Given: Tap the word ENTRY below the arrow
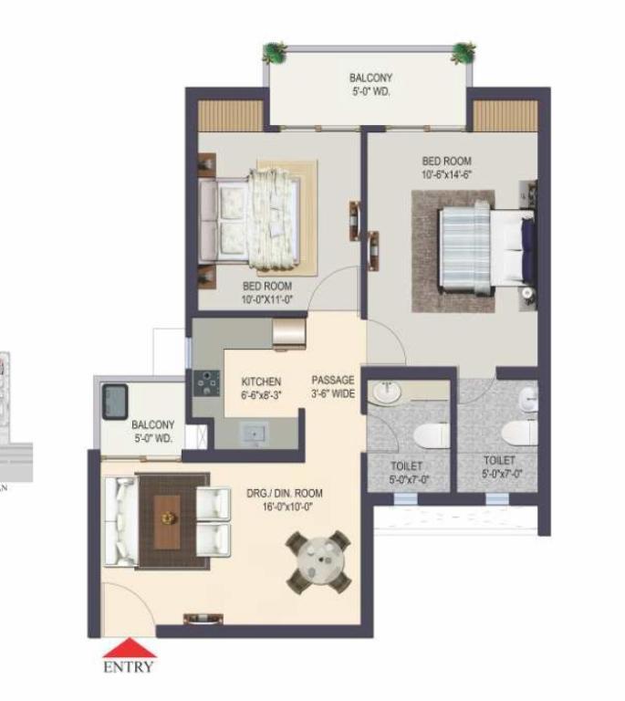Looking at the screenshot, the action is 129,666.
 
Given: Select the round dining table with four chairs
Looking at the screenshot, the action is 318,562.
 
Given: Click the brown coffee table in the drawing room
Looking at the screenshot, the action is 167,522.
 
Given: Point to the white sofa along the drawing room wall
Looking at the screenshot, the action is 120,521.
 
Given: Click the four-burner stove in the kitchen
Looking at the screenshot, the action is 206,383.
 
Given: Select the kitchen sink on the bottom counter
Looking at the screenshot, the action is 255,434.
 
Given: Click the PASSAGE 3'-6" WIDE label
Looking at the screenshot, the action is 333,387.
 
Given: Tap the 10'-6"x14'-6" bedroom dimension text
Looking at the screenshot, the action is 447,174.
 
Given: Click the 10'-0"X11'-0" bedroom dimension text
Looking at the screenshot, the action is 267,299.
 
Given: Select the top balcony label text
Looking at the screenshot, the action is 370,85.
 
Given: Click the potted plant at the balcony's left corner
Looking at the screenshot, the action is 274,53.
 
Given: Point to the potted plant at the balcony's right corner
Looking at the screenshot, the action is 464,53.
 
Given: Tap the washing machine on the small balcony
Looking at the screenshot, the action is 115,402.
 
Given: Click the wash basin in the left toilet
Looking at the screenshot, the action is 387,392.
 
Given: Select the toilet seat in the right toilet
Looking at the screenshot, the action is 519,433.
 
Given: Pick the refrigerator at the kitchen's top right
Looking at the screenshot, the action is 289,333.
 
